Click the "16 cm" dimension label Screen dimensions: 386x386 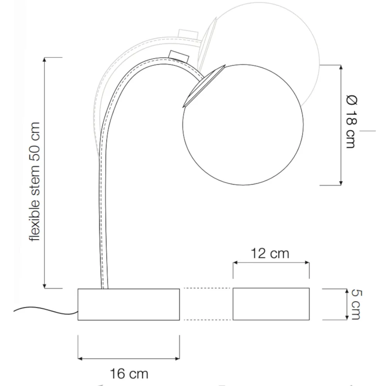click(x=129, y=374)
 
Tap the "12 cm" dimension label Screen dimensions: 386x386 click(x=270, y=253)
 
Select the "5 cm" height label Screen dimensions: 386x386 click(x=356, y=305)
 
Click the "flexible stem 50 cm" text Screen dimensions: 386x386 click(x=34, y=182)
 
